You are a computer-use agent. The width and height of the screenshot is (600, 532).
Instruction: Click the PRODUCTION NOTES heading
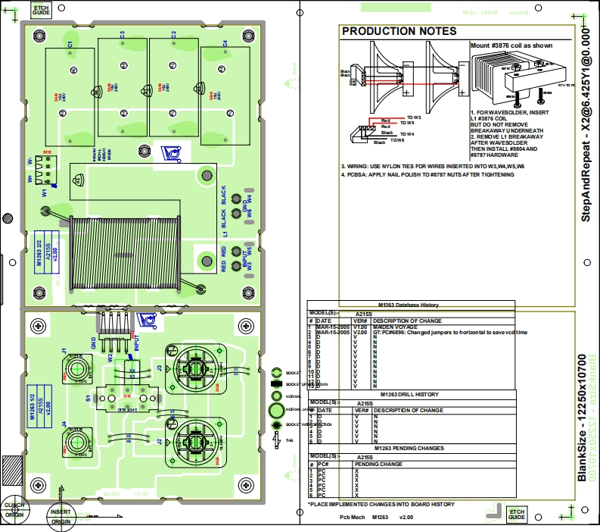[x=399, y=32]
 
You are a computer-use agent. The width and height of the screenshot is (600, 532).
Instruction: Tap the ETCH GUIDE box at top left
[x=40, y=10]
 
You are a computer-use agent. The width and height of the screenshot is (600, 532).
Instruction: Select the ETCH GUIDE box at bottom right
[x=517, y=514]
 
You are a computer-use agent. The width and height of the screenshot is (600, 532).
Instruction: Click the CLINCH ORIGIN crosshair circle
[x=14, y=510]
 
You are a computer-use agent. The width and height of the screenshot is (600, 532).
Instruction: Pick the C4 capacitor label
[x=225, y=44]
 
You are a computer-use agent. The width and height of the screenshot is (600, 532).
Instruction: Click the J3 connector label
[x=160, y=368]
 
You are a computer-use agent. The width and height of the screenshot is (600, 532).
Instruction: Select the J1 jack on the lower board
[x=76, y=368]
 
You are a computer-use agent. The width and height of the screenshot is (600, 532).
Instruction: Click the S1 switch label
[x=88, y=397]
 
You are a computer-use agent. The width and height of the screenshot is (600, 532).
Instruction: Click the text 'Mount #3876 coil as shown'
[x=511, y=45]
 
